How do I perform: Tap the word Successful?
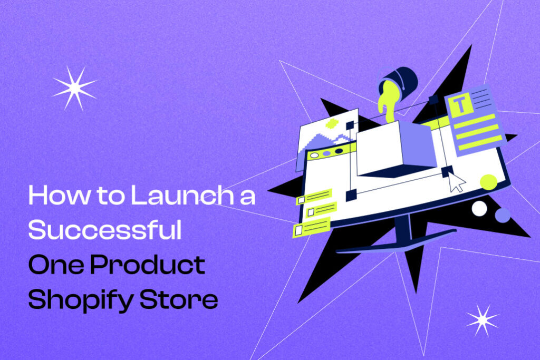(104, 230)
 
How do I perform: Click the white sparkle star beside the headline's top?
(74, 87)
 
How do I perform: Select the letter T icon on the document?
(460, 106)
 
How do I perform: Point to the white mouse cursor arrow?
(457, 182)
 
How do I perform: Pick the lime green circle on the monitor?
(488, 182)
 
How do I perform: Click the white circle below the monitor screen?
(479, 209)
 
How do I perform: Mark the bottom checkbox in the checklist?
(299, 230)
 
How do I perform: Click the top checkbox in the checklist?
(302, 200)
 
